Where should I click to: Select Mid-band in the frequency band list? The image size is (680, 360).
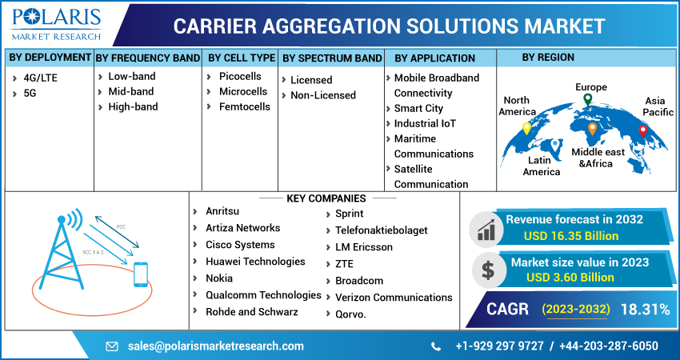[x=131, y=91]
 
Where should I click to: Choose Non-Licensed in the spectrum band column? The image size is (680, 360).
[x=322, y=95]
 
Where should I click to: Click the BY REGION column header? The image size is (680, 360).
[x=548, y=58]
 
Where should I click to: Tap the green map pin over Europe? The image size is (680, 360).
[x=587, y=100]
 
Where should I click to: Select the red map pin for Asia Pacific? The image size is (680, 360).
[x=642, y=131]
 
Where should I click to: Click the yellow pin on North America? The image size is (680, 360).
[x=526, y=128]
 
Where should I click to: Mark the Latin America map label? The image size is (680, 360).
[x=542, y=166]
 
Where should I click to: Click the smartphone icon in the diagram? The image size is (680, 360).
[x=141, y=274]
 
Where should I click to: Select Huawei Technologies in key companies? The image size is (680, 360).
[x=255, y=262]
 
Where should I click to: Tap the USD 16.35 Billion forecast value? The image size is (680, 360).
[x=571, y=236]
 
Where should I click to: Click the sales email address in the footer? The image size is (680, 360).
[x=215, y=346]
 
